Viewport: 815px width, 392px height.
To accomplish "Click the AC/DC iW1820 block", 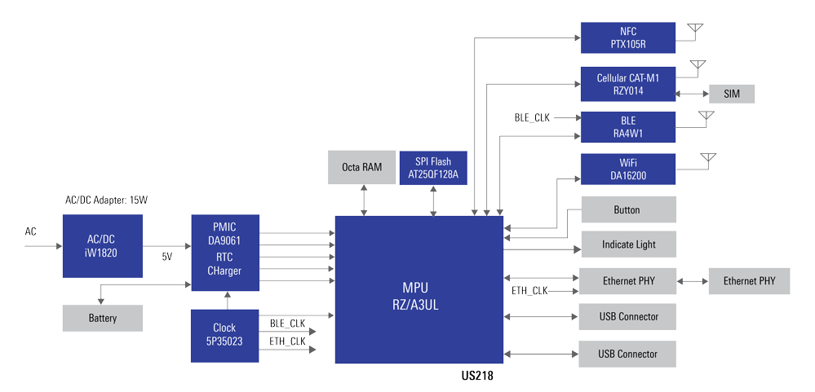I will click(102, 245).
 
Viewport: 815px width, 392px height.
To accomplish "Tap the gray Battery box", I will click(102, 318).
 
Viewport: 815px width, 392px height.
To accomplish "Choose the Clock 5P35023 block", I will click(224, 335).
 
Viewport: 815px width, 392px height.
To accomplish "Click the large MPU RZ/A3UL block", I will click(419, 289).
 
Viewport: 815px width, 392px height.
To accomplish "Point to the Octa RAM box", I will click(361, 167).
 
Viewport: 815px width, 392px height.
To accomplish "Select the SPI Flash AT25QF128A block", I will click(433, 167).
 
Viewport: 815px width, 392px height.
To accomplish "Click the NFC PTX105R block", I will click(627, 37).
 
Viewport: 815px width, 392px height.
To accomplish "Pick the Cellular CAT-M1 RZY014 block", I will click(627, 84).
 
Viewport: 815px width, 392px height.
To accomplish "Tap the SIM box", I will click(731, 94).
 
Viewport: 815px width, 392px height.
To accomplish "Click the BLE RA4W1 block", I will click(627, 127).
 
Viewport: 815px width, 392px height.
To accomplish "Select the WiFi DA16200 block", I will click(627, 169).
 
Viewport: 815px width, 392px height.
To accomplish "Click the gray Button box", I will click(627, 209).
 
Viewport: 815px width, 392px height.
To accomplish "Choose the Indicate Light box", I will click(627, 244).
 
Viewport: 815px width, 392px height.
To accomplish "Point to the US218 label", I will click(476, 377).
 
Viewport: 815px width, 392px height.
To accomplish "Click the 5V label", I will click(167, 257).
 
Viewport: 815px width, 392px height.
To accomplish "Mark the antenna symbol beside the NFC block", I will click(694, 31).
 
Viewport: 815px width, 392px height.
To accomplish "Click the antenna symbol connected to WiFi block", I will click(707, 159).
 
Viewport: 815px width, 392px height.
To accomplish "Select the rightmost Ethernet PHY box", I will click(749, 281).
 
